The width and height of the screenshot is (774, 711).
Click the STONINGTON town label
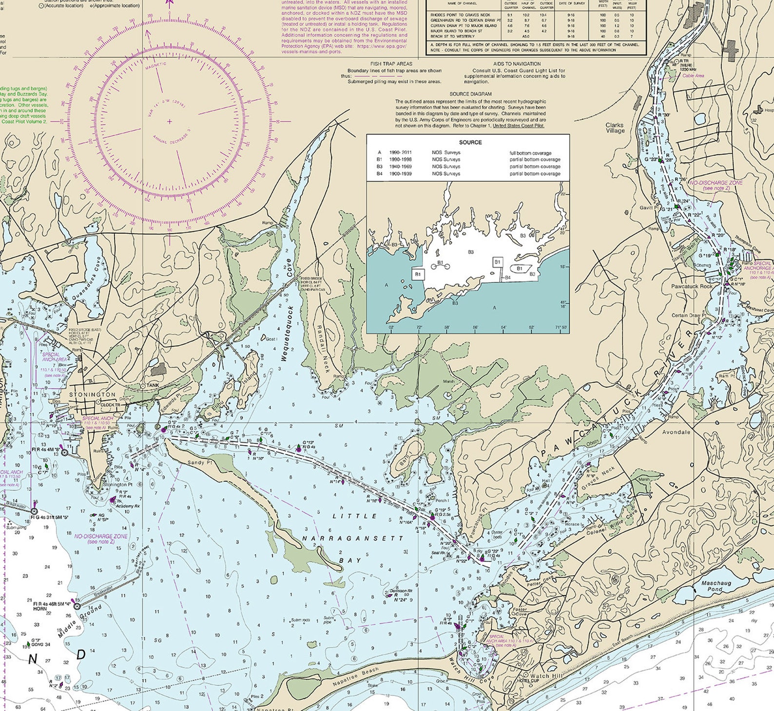click(93, 394)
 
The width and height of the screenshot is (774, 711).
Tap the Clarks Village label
click(615, 128)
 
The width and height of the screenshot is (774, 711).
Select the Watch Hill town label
click(546, 676)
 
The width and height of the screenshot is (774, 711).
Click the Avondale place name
click(676, 432)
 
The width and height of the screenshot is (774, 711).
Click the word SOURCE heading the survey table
click(470, 142)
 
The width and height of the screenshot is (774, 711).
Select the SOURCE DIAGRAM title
click(470, 94)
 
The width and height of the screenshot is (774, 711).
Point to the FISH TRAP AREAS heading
click(391, 64)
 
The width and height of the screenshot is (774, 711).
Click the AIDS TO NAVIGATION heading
click(517, 64)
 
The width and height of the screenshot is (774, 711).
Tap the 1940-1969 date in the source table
click(401, 167)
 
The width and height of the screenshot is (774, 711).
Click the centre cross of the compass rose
click(169, 121)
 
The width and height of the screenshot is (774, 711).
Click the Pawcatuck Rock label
click(692, 286)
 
